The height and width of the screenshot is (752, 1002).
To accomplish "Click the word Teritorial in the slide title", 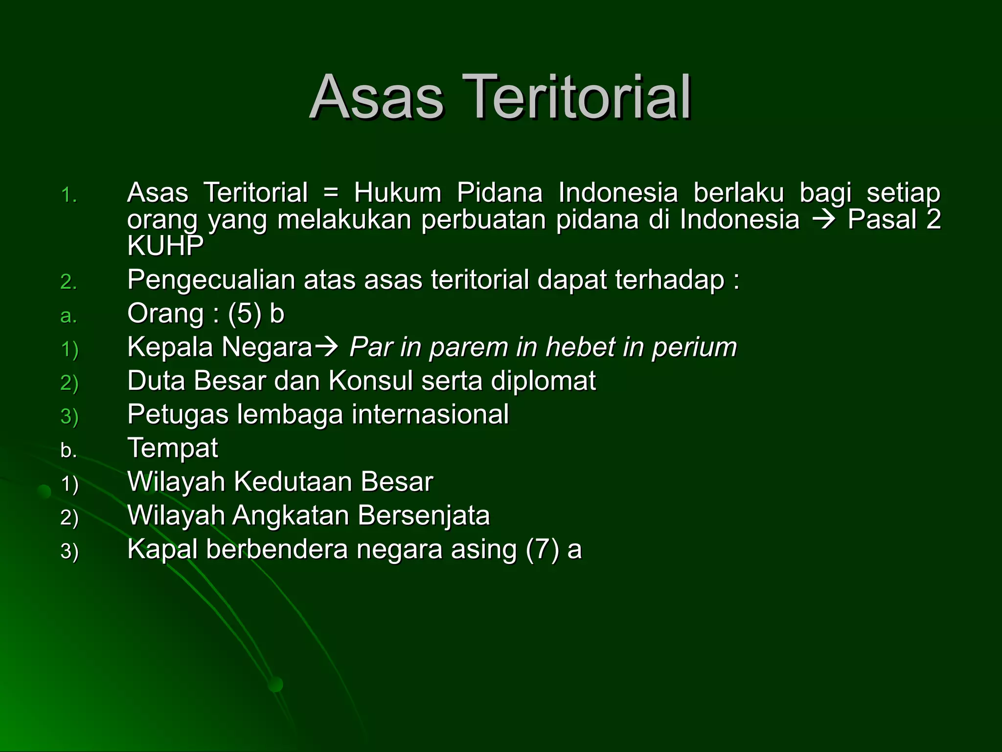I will click(580, 97).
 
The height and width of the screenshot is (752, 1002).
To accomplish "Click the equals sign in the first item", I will click(331, 192).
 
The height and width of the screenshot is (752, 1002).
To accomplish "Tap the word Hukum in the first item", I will click(397, 192).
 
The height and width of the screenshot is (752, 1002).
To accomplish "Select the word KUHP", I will click(165, 245).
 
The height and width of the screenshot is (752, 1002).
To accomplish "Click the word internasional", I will click(430, 415).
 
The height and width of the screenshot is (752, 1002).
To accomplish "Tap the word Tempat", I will click(172, 448).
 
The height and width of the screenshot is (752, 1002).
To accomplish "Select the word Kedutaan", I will click(293, 482).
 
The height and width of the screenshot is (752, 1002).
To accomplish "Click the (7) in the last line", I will click(542, 549).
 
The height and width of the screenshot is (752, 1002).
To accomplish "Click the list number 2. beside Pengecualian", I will click(68, 282).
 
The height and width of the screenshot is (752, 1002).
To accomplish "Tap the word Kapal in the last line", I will click(162, 549).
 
